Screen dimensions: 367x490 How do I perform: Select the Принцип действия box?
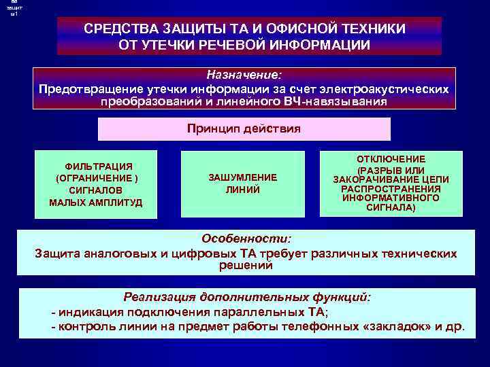click(x=244, y=128)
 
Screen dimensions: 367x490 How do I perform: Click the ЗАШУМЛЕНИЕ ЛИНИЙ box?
click(x=242, y=183)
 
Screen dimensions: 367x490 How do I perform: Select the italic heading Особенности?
click(x=246, y=239)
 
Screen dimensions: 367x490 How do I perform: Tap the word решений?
click(x=246, y=265)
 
